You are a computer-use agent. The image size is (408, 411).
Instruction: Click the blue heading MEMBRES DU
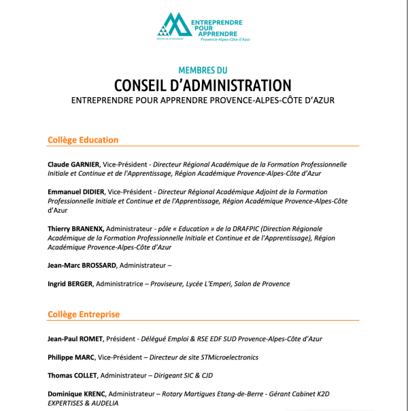[x=203, y=70]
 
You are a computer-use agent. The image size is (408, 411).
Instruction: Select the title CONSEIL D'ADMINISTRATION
[x=203, y=85]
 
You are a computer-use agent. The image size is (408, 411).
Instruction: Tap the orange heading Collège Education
[x=83, y=140]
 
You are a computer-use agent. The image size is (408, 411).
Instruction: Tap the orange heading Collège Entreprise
[x=84, y=315]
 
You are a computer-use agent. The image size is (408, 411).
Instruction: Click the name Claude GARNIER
[x=73, y=164]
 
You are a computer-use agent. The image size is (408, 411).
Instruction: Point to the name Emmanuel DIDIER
[x=76, y=192]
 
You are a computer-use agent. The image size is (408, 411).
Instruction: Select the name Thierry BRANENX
[x=75, y=229]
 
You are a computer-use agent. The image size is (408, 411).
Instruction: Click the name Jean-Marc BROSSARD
[x=82, y=265]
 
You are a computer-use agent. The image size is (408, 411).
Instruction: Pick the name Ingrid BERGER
[x=70, y=283]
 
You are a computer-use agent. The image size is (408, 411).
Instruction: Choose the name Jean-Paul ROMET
[x=75, y=338]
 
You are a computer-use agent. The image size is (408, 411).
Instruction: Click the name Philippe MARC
[x=71, y=357]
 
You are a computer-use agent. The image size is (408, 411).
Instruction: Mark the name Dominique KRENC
[x=76, y=393]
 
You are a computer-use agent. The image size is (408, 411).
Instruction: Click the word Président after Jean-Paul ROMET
[x=121, y=338]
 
